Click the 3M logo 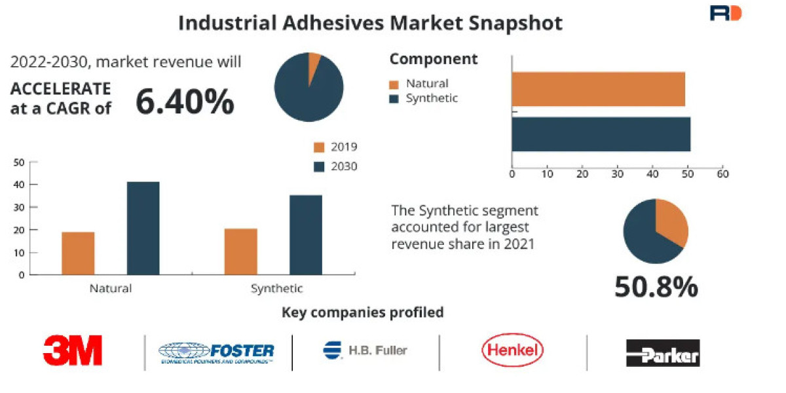[x=73, y=350]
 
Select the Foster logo [x=217, y=352]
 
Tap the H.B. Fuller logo [x=365, y=350]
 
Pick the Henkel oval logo [x=512, y=350]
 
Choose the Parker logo [x=662, y=352]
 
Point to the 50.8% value [x=656, y=287]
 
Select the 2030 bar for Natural [x=143, y=228]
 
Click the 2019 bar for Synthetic [x=240, y=252]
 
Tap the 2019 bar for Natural [x=78, y=253]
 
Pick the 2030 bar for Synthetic [x=306, y=234]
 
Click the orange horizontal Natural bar [x=598, y=89]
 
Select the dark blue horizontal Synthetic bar [x=601, y=134]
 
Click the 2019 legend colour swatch [x=319, y=147]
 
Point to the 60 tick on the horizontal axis [x=722, y=174]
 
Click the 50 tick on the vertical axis [x=19, y=162]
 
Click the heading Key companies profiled [x=362, y=312]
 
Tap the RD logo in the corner [x=725, y=13]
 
